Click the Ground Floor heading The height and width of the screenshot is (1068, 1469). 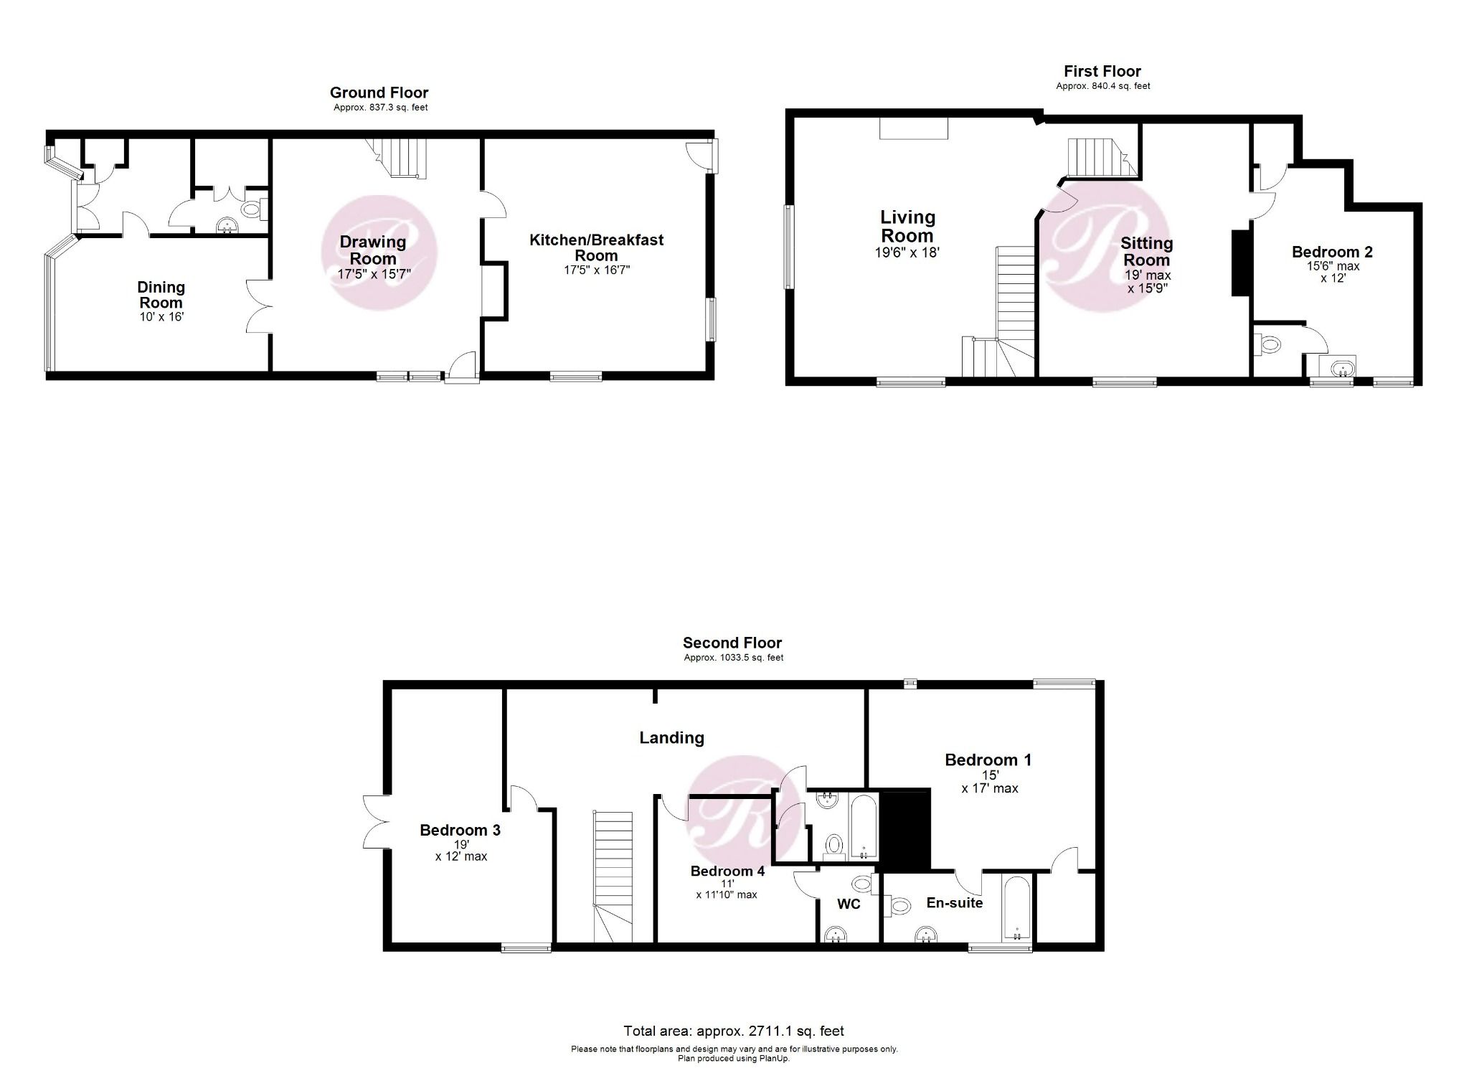click(379, 93)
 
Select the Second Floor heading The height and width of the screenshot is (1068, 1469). click(732, 643)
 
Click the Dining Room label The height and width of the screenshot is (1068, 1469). click(161, 295)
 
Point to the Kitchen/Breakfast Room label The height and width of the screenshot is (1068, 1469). click(596, 247)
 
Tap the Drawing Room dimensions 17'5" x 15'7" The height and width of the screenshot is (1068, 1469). click(374, 274)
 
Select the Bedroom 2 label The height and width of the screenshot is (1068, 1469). click(1332, 252)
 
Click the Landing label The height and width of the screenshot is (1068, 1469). click(671, 737)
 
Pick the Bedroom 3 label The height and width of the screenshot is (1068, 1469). click(460, 830)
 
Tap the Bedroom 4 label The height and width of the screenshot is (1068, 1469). click(727, 871)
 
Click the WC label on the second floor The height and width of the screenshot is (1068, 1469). click(849, 904)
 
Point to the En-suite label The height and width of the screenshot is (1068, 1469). click(954, 903)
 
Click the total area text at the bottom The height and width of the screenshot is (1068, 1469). click(733, 1031)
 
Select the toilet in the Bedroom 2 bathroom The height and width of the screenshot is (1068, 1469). click(1267, 345)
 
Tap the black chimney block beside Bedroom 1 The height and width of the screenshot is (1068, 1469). click(904, 829)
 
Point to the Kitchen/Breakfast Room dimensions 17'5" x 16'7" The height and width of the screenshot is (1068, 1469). click(596, 270)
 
